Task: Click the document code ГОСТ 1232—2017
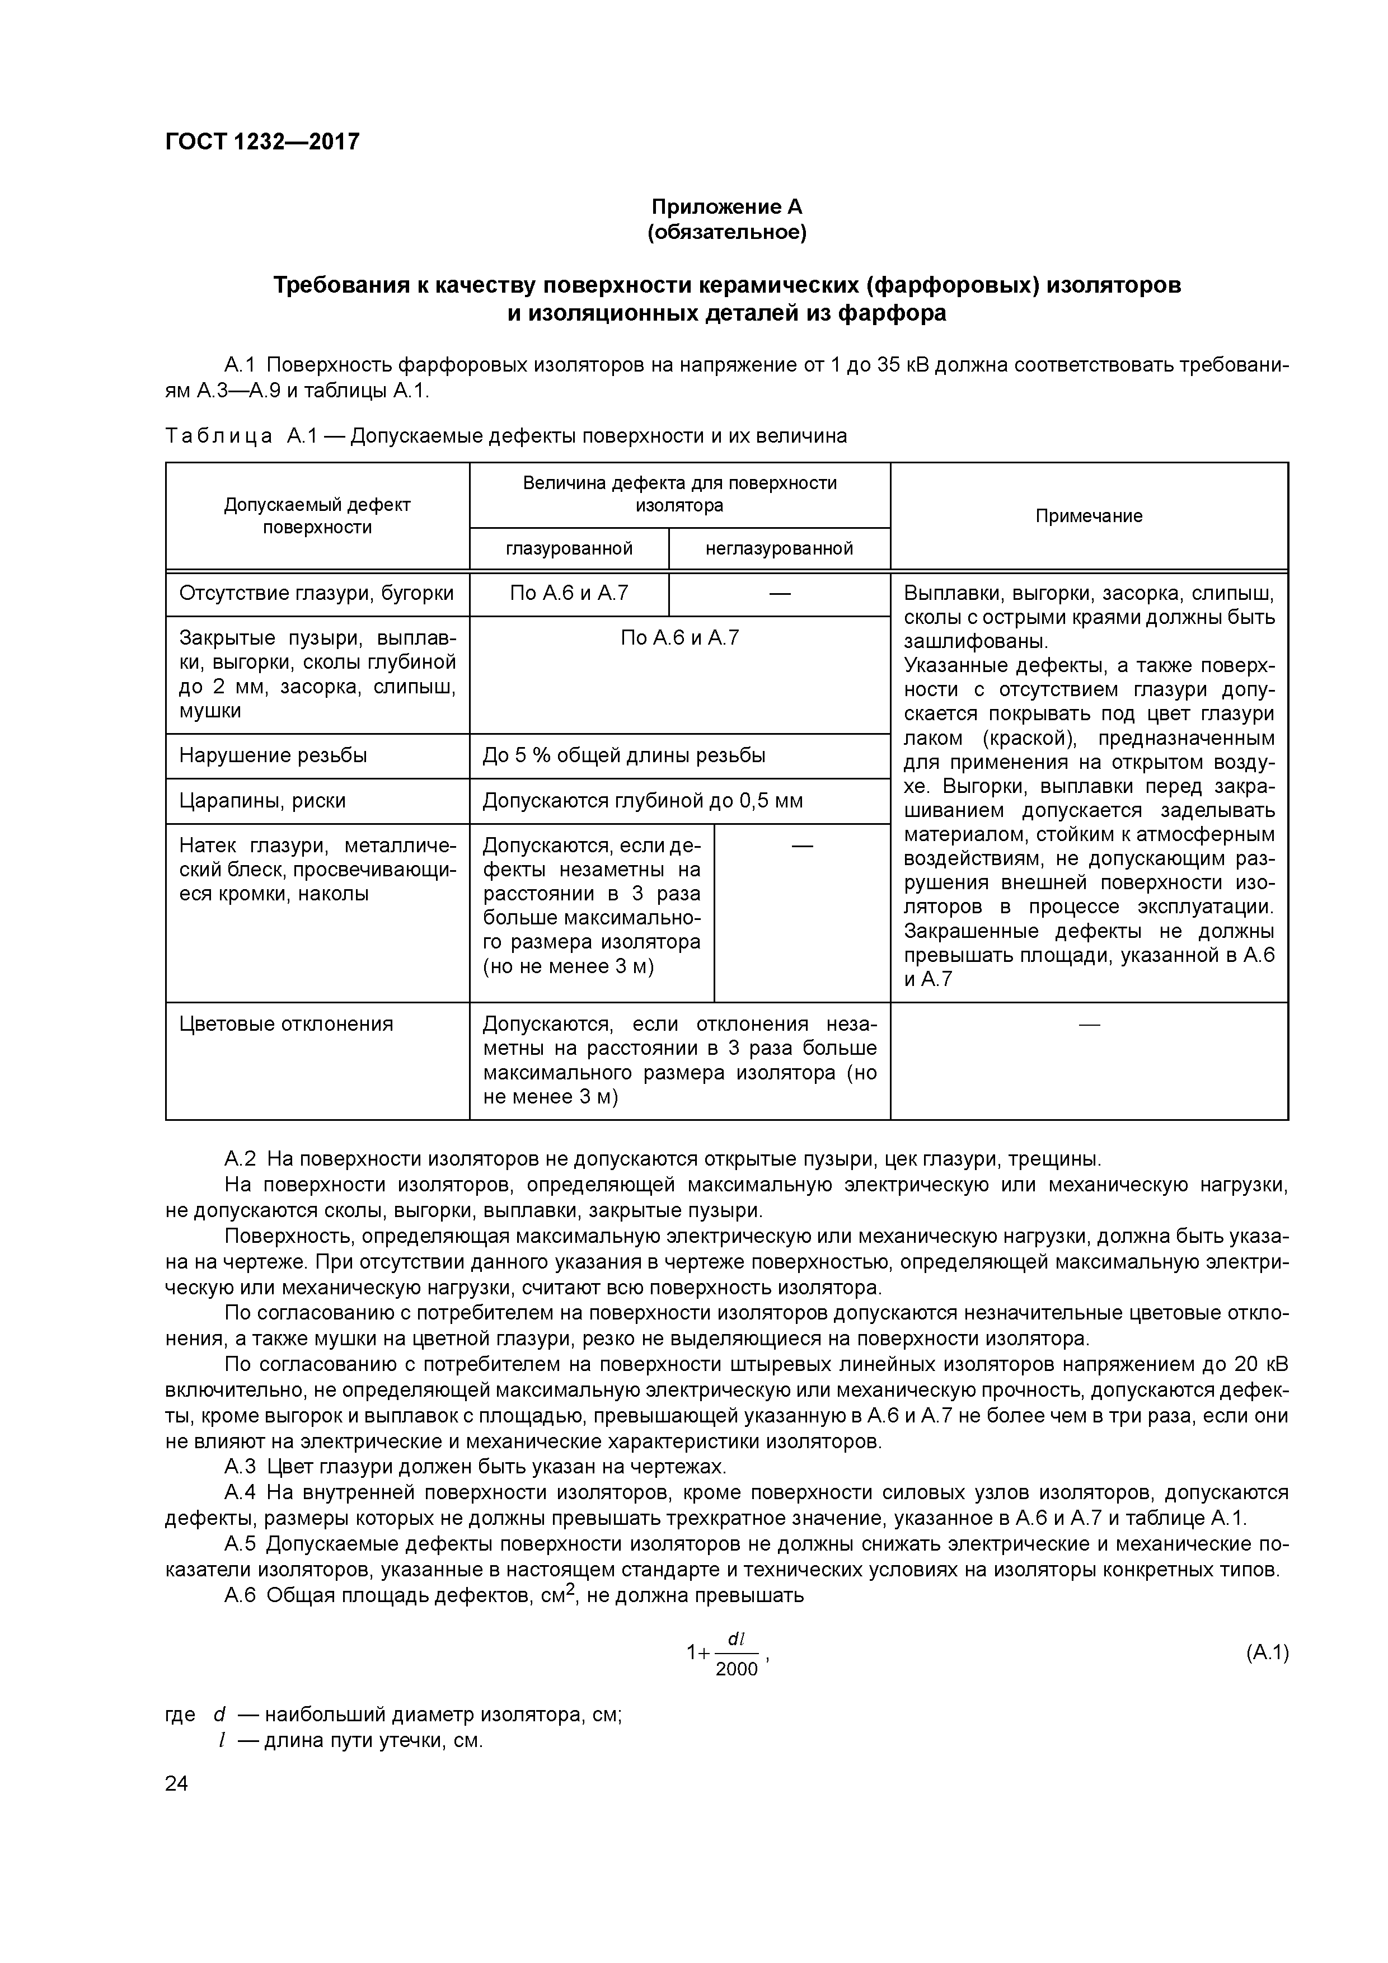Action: tap(262, 141)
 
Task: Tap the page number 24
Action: tap(176, 1783)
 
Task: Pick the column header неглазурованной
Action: tap(779, 548)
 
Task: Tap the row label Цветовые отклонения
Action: tap(285, 1023)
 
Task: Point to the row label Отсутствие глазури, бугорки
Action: tap(316, 593)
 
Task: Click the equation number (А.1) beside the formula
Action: tap(1265, 1652)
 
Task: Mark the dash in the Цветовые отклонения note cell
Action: tap(1089, 1023)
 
